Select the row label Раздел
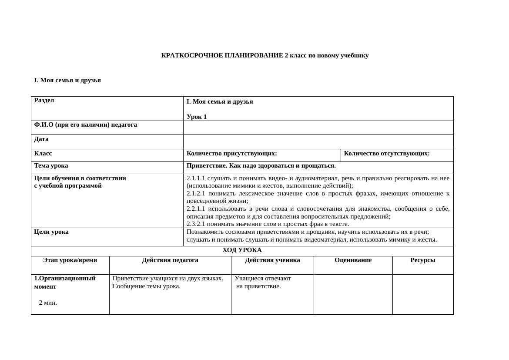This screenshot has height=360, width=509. (44, 101)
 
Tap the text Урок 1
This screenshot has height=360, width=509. (197, 117)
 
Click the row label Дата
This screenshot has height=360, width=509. (41, 139)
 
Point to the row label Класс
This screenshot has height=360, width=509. (43, 154)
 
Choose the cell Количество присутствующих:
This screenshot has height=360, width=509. (232, 154)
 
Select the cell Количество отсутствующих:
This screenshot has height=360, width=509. (387, 154)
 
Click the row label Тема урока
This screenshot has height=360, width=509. (51, 166)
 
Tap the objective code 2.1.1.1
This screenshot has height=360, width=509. (196, 178)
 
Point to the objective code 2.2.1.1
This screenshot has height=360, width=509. (196, 209)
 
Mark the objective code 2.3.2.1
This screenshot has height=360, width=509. (196, 224)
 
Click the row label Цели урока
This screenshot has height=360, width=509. (51, 232)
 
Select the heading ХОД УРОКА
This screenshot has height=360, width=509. (242, 250)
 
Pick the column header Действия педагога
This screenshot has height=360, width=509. (170, 260)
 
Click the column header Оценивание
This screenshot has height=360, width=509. (353, 260)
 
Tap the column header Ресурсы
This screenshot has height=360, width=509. (422, 260)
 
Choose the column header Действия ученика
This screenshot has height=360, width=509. (272, 260)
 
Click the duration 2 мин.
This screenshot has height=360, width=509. (48, 303)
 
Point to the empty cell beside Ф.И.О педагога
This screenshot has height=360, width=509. (318, 128)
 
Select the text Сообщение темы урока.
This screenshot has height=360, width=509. (146, 286)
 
